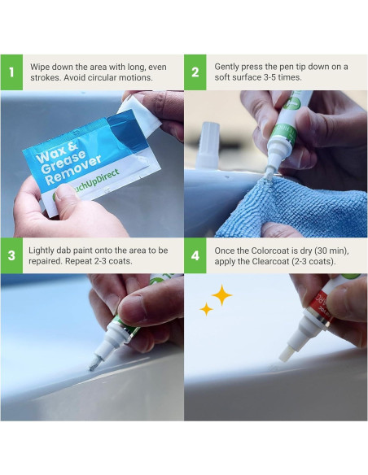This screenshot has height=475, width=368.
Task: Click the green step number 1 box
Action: point(11,72)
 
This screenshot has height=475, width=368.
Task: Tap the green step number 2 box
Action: point(195,72)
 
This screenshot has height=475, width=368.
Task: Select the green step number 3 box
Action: point(11,255)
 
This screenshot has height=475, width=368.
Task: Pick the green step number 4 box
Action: point(195,255)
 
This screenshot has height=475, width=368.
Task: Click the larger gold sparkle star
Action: point(222,294)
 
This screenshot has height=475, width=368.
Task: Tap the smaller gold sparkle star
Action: point(207,309)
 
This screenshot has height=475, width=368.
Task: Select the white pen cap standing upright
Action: point(208,146)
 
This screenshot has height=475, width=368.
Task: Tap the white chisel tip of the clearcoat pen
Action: point(286,355)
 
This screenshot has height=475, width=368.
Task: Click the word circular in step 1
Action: point(99,77)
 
